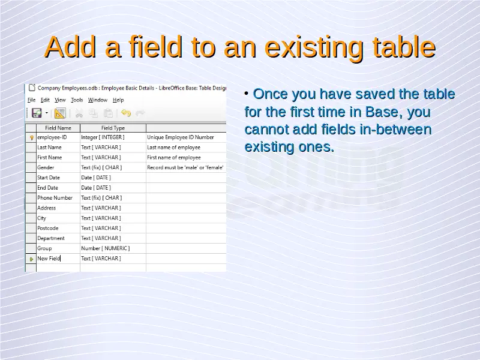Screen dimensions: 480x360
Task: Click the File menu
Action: tap(32, 100)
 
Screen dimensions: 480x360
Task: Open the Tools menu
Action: tap(77, 100)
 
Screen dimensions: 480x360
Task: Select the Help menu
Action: tap(118, 100)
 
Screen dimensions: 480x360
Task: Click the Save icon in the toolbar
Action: tap(37, 113)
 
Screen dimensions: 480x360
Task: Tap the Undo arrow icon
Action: tap(126, 113)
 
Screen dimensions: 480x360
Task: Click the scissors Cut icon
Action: tap(79, 113)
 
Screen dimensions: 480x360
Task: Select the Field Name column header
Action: tap(58, 128)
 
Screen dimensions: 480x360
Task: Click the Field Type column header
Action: tap(113, 128)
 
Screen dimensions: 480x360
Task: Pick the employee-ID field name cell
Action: tap(58, 137)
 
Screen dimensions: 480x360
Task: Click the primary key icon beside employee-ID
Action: tap(31, 138)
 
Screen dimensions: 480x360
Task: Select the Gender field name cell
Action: tap(58, 167)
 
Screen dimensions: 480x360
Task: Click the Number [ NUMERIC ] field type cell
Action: tap(113, 248)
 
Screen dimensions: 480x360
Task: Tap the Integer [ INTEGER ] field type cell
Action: tap(113, 137)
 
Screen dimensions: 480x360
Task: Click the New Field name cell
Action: tap(58, 259)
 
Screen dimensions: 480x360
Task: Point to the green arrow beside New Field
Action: tap(31, 259)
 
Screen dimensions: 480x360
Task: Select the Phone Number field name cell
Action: tap(58, 198)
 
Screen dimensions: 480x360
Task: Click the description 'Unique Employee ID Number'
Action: tap(181, 137)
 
